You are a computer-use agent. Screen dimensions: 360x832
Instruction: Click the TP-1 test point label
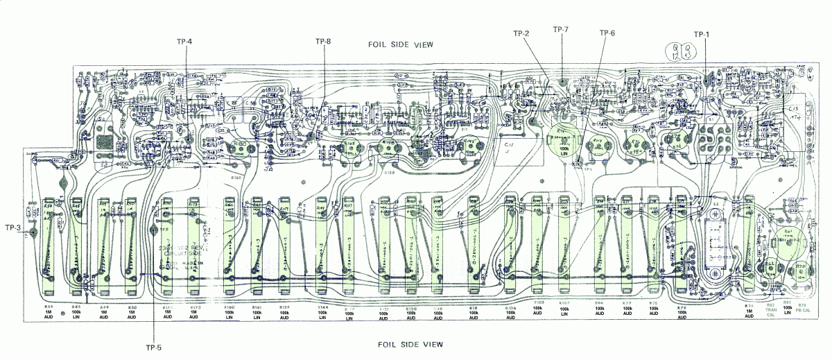click(702, 34)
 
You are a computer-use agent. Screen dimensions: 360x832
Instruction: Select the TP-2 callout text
click(521, 34)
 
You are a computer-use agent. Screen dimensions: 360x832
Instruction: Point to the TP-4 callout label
click(184, 42)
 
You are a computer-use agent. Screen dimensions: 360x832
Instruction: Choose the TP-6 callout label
click(607, 33)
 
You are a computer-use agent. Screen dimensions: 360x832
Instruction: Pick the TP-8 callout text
click(322, 42)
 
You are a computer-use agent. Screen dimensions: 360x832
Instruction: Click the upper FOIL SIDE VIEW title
click(401, 44)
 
